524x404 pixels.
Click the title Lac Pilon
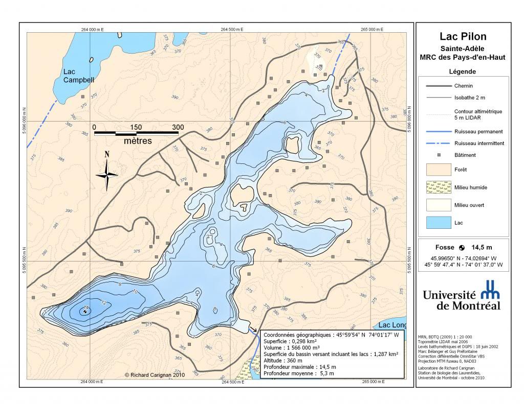(x=463, y=36)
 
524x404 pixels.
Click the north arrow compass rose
(x=107, y=174)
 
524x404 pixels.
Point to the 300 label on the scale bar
(x=178, y=127)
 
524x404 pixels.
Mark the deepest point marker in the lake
(x=85, y=311)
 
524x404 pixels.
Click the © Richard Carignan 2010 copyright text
(x=154, y=375)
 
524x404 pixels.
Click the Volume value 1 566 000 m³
(x=308, y=347)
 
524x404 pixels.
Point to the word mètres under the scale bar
(x=138, y=141)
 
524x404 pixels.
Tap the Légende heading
(x=462, y=72)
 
